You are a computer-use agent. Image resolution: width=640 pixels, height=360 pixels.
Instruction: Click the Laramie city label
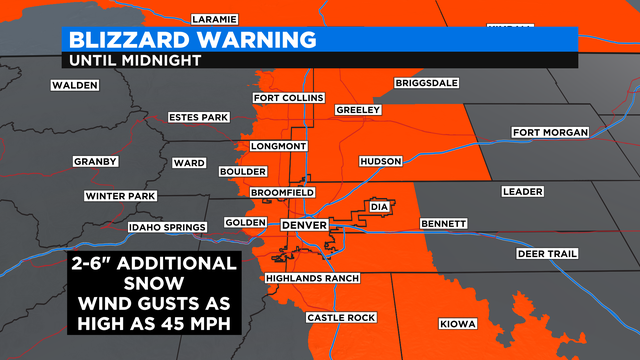click(215, 19)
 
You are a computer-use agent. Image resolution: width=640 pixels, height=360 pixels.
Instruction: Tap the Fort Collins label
click(288, 98)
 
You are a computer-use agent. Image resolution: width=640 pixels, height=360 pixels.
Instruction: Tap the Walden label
click(76, 85)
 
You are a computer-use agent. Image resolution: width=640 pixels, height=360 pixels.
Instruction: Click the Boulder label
click(242, 172)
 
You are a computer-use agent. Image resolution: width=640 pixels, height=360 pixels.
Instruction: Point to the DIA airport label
click(378, 207)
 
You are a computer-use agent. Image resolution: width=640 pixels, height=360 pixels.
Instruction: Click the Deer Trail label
click(547, 254)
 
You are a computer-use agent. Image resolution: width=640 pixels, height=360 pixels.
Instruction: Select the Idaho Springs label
click(166, 227)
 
